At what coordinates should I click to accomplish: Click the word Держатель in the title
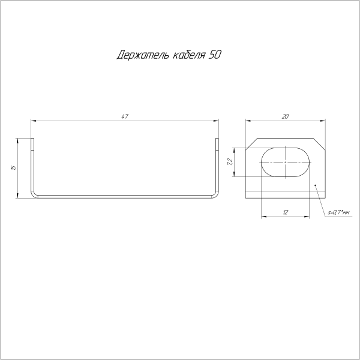click(x=139, y=56)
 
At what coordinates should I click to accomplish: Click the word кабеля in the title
click(x=187, y=56)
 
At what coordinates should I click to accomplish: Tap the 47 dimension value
click(x=125, y=116)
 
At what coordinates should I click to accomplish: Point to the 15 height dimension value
click(x=13, y=167)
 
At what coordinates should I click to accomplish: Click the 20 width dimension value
click(x=286, y=116)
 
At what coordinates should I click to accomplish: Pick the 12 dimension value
click(x=286, y=212)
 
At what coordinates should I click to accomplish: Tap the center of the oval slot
click(x=286, y=161)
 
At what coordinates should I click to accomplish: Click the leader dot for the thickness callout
click(x=316, y=186)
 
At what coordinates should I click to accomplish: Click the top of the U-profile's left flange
click(x=32, y=140)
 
